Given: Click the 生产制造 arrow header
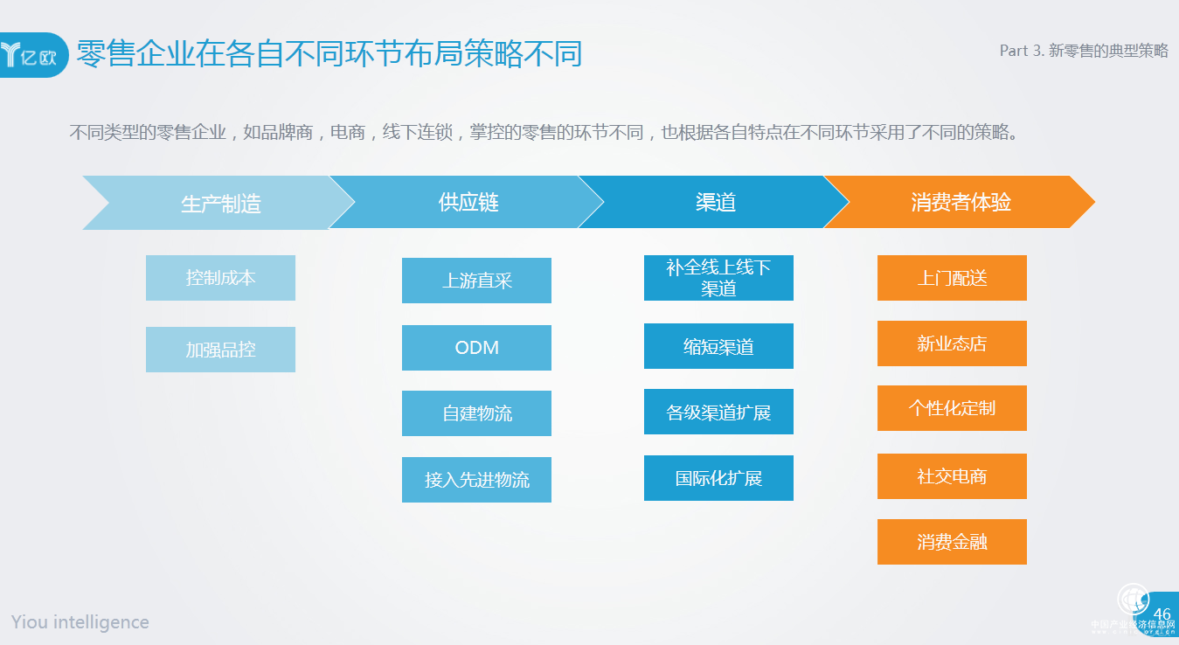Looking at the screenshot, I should tap(220, 203).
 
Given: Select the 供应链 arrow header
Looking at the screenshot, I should tap(468, 203).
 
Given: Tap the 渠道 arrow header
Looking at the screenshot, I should tap(715, 203).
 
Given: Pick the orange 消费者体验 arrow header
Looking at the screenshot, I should tap(960, 203).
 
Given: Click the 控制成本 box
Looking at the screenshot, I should tap(220, 278).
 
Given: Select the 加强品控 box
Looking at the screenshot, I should tap(220, 350).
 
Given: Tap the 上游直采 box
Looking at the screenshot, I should tap(476, 281).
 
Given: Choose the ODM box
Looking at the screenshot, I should tap(476, 348).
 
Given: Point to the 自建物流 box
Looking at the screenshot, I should tap(476, 413).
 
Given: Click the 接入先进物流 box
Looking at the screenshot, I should tap(476, 480).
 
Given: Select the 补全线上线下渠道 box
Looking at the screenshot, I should tap(718, 278).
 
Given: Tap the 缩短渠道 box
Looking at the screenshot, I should tap(718, 346).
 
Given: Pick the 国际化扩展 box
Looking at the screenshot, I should tap(718, 478).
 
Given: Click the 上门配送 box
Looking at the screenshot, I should tap(952, 278).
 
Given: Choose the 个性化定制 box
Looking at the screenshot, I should tap(952, 408).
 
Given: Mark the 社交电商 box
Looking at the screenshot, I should tap(952, 476).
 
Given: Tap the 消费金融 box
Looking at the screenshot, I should tap(952, 542).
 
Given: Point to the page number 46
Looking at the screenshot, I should tap(1162, 614).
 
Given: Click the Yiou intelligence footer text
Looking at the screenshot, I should tap(80, 622).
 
